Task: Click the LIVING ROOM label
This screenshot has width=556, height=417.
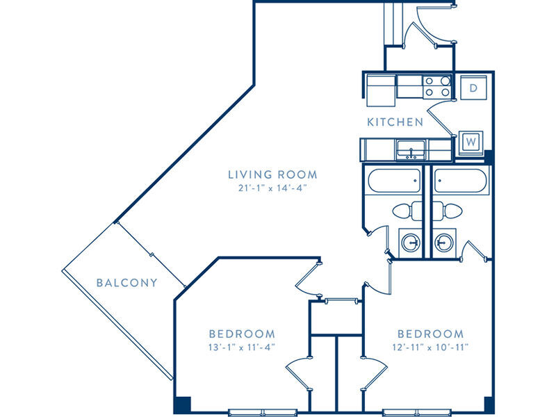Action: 272,174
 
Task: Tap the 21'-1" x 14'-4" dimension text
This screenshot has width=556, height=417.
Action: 272,188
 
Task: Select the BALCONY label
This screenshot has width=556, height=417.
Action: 127,283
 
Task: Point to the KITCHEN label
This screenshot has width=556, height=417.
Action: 395,122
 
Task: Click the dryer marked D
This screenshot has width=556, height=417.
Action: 473,88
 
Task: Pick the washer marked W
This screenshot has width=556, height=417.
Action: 471,143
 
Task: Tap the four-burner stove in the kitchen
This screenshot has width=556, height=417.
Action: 437,87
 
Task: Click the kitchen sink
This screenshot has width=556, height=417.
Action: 411,149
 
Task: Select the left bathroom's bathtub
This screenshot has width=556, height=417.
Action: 394,181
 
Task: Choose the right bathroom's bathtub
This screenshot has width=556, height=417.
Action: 461,181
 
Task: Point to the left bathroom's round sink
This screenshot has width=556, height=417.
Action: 411,243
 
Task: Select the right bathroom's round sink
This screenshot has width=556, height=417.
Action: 443,243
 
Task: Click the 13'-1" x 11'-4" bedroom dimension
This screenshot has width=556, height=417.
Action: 242,347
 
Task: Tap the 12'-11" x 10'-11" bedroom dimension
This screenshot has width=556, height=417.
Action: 430,347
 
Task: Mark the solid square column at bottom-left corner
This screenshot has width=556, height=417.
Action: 182,404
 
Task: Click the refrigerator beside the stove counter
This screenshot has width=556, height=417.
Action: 381,91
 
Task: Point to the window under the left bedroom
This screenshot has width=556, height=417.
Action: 263,412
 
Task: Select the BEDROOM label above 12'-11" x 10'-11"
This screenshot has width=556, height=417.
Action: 430,334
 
